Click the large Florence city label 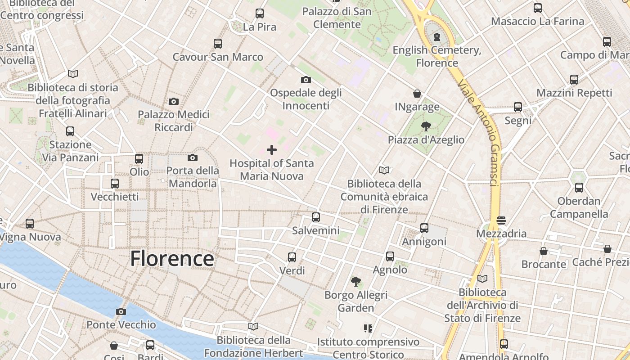[x=172, y=259]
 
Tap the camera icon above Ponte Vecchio [x=121, y=311]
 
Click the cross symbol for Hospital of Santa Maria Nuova [x=272, y=150]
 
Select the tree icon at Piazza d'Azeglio [x=426, y=126]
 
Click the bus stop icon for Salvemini [x=316, y=217]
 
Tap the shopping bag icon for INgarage [x=417, y=94]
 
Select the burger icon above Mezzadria [x=501, y=220]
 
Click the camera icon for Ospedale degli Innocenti [x=306, y=80]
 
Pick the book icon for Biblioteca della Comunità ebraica [x=384, y=170]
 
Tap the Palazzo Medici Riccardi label [x=174, y=121]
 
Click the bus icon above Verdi [x=292, y=257]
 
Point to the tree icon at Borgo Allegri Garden [x=355, y=282]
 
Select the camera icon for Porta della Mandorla [x=193, y=157]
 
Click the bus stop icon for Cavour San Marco [x=218, y=44]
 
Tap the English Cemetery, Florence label [x=437, y=56]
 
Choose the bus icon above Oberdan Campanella [x=579, y=188]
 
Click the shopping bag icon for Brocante [x=544, y=251]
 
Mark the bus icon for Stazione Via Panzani [x=70, y=131]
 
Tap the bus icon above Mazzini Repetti [x=574, y=80]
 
